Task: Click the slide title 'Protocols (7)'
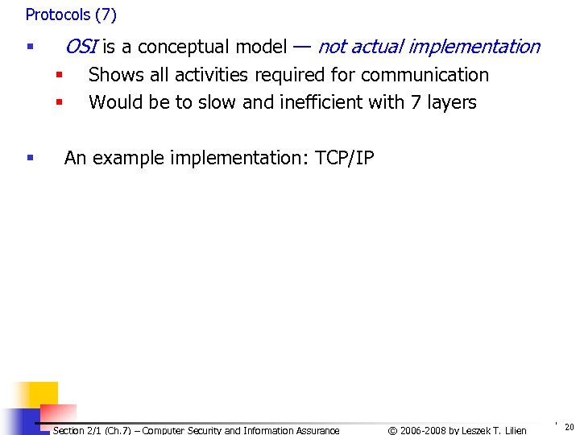(x=71, y=14)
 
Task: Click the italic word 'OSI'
(x=81, y=47)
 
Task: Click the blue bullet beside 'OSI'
(x=30, y=48)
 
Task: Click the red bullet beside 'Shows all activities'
(x=59, y=76)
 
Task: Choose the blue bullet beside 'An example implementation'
(x=30, y=159)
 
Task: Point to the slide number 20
(x=570, y=427)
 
